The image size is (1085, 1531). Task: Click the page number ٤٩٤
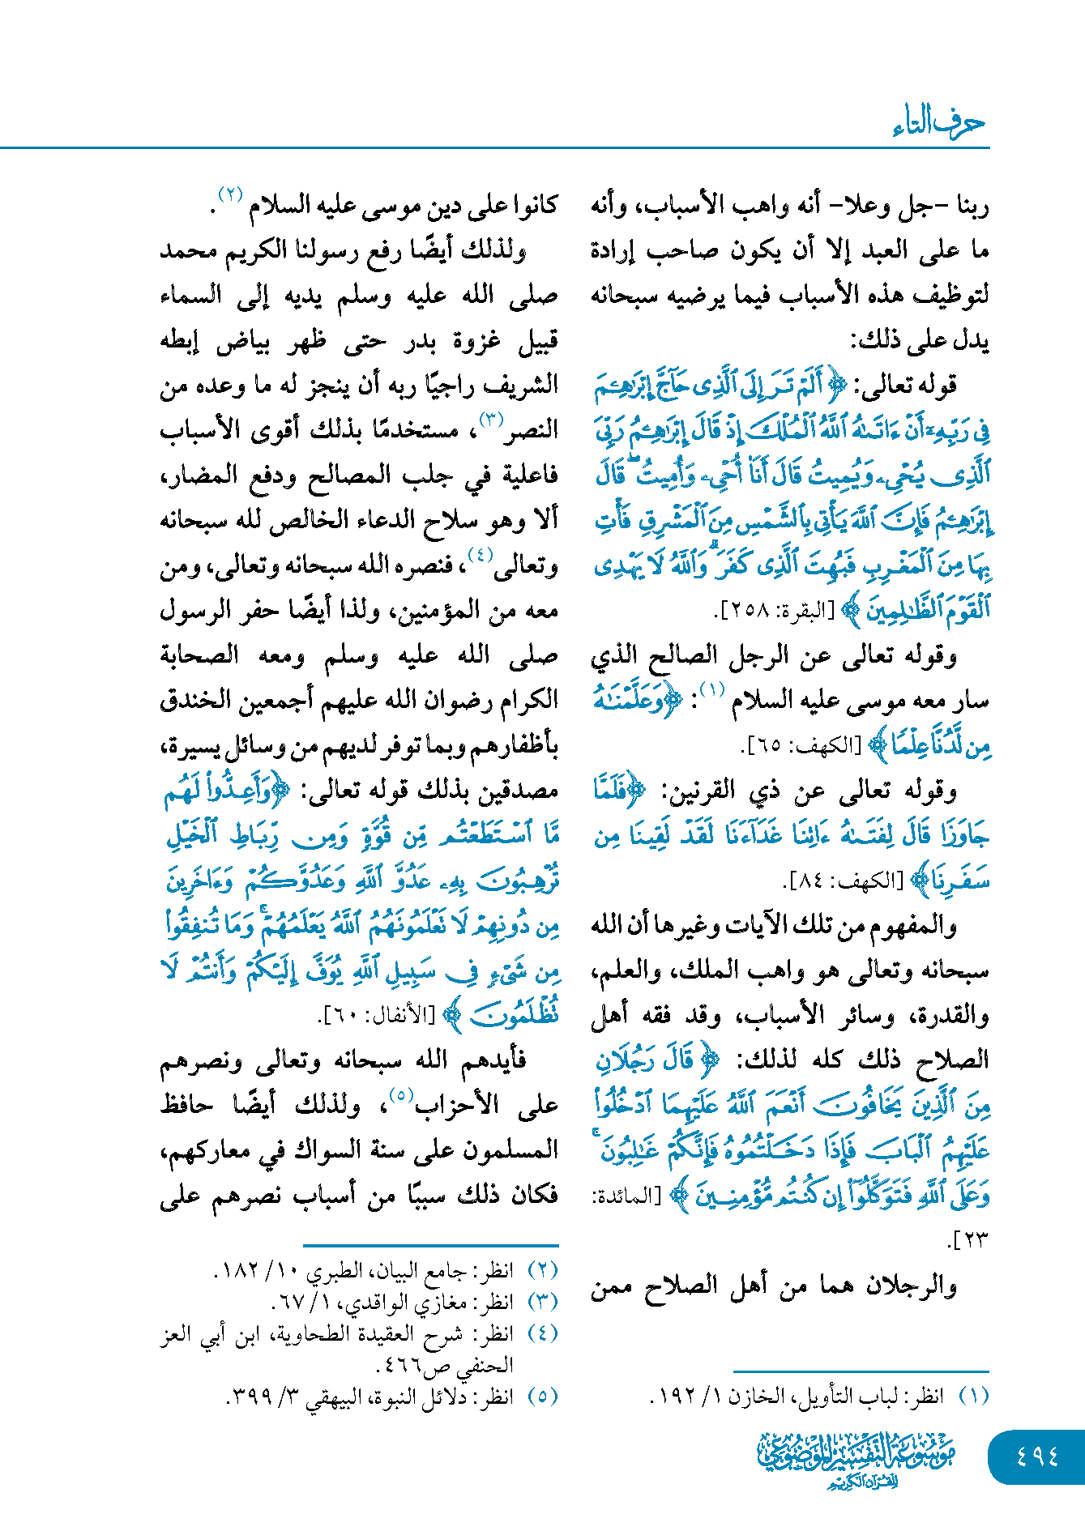(1037, 1456)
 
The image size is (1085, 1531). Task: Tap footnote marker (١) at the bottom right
(973, 1396)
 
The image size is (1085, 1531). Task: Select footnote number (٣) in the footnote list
(543, 1302)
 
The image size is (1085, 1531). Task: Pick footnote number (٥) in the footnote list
(543, 1396)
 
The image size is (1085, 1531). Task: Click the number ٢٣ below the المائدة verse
(968, 1239)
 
